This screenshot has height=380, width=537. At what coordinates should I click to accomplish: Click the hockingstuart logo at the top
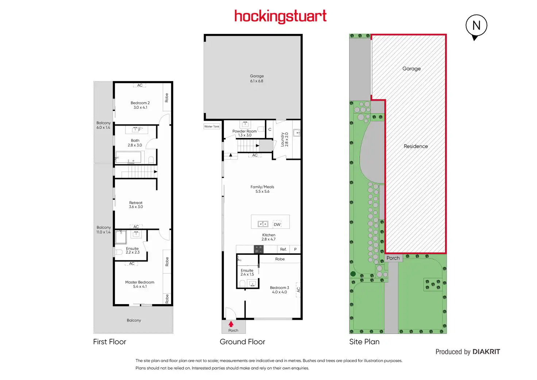[280, 17]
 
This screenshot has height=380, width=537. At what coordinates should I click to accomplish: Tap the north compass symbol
[476, 26]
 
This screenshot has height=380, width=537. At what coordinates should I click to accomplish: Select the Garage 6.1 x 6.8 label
[256, 78]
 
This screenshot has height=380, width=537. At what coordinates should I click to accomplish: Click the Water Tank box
[212, 127]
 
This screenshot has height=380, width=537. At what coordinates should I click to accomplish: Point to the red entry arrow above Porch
[231, 324]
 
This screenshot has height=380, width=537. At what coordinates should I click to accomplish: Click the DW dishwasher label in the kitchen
[277, 224]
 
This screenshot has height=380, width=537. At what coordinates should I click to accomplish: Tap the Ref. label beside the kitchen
[283, 249]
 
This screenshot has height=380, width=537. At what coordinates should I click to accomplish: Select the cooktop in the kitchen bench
[259, 249]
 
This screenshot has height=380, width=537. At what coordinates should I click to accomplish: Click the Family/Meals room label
[262, 189]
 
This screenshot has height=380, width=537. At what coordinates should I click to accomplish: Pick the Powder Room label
[244, 133]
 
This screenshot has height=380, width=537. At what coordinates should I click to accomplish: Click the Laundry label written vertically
[285, 139]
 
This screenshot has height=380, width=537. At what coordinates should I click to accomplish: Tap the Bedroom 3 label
[279, 290]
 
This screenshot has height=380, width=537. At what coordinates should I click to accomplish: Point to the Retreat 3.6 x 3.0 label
[136, 205]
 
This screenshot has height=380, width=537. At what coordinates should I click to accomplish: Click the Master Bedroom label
[140, 284]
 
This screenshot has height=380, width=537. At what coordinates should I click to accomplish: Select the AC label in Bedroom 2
[140, 85]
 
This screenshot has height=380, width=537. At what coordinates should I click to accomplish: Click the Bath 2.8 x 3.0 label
[135, 143]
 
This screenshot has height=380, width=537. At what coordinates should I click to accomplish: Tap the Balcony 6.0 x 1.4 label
[103, 125]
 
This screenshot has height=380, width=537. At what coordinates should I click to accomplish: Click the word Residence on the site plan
[416, 146]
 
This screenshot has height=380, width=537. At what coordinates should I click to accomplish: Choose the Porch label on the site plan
[393, 258]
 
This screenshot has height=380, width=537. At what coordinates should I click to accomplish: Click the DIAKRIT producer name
[486, 352]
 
